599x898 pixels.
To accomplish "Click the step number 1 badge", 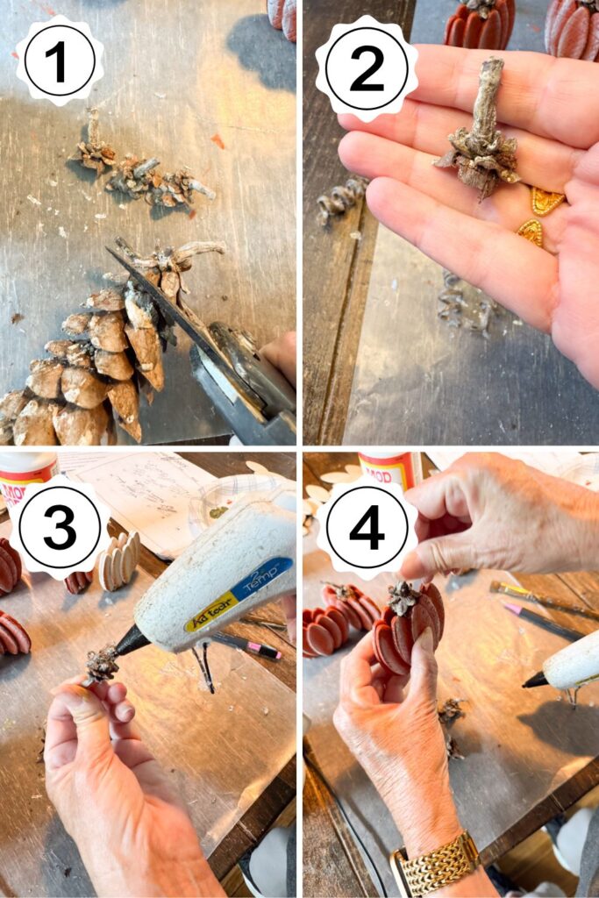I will pyautogui.click(x=59, y=61).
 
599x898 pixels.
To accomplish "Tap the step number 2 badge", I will pyautogui.click(x=367, y=68).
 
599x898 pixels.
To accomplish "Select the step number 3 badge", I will pyautogui.click(x=59, y=528).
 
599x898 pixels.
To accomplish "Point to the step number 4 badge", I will pyautogui.click(x=367, y=528).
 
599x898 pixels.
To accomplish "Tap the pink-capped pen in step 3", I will pyautogui.click(x=250, y=648).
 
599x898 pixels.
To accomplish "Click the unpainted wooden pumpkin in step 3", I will pyautogui.click(x=118, y=561).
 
